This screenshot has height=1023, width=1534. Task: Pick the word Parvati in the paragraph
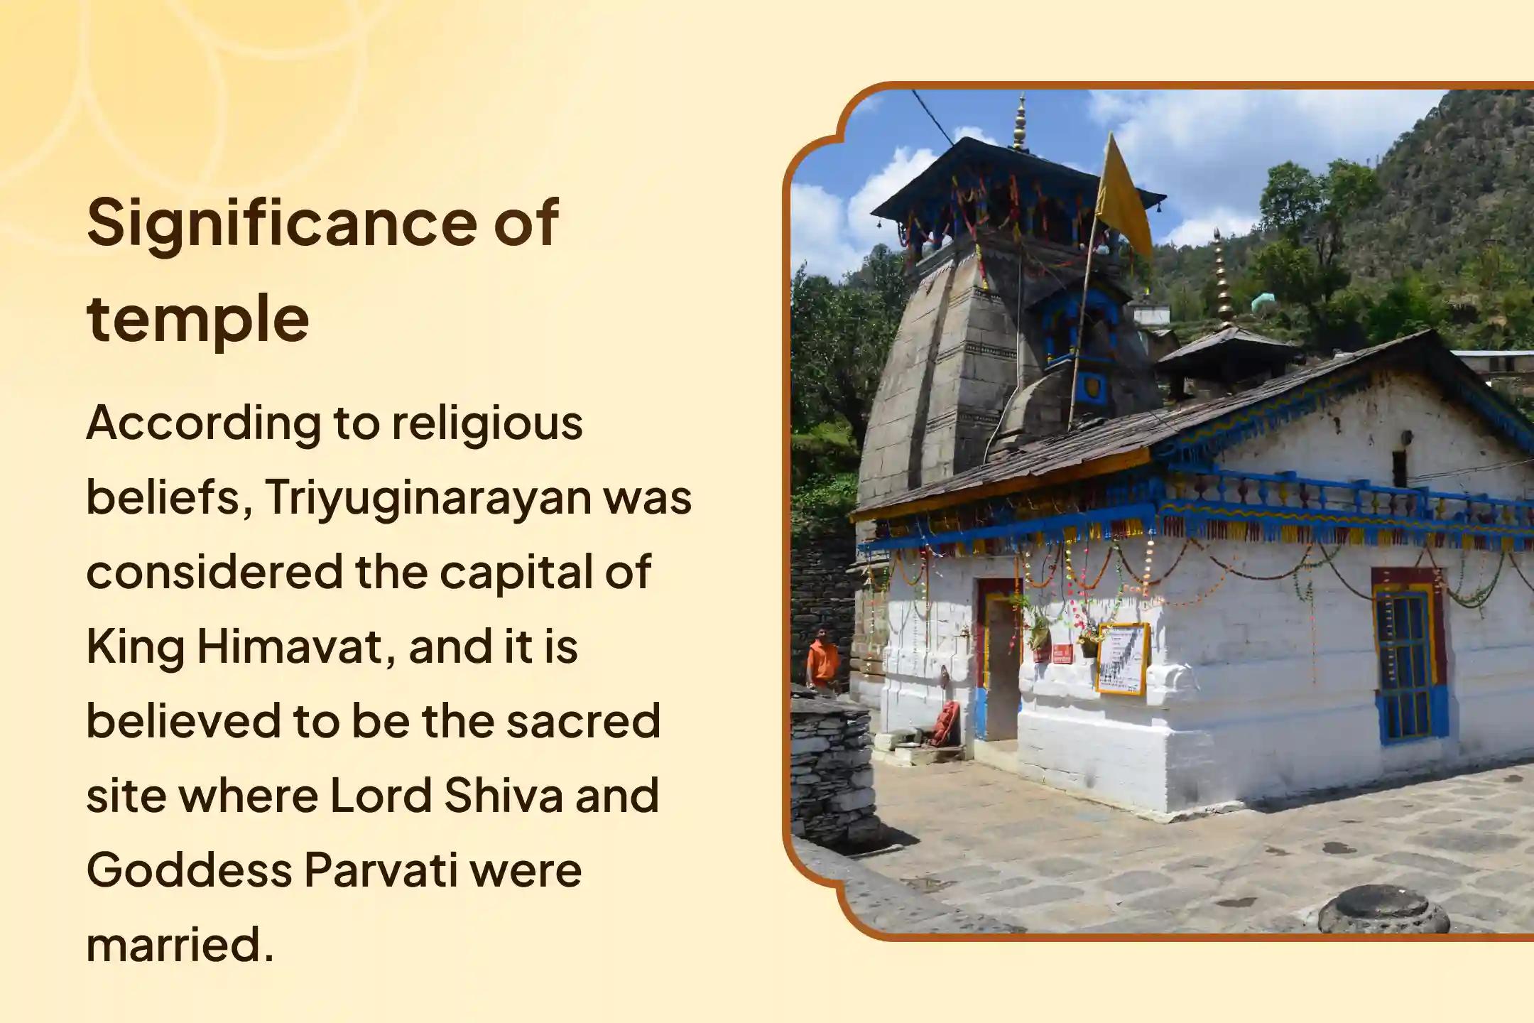[x=381, y=870]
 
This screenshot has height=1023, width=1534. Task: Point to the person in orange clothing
[x=822, y=660]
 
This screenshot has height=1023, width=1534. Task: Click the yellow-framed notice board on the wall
[x=1122, y=659]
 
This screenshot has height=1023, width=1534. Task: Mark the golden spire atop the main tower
[x=1021, y=124]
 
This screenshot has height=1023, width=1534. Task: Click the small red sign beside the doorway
[x=1062, y=653]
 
